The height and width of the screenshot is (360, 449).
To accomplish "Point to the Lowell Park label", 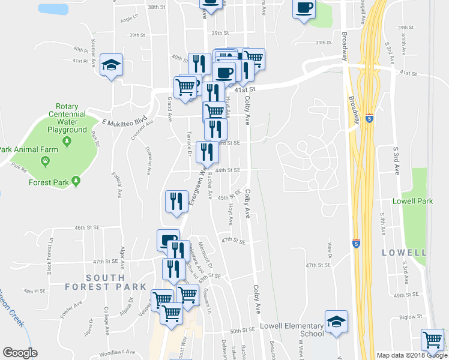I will pos(412,202).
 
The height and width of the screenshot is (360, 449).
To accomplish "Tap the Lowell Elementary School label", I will pos(291,330).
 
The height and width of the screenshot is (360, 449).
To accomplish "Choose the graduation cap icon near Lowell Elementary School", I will pos(336,322).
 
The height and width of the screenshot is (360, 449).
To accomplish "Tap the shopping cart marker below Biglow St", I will pos(432,340).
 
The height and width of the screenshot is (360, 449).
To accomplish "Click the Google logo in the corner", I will pos(20,353).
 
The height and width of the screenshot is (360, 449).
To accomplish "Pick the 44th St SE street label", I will pos(228,170).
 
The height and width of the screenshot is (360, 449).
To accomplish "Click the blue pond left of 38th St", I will pos(53,9).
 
